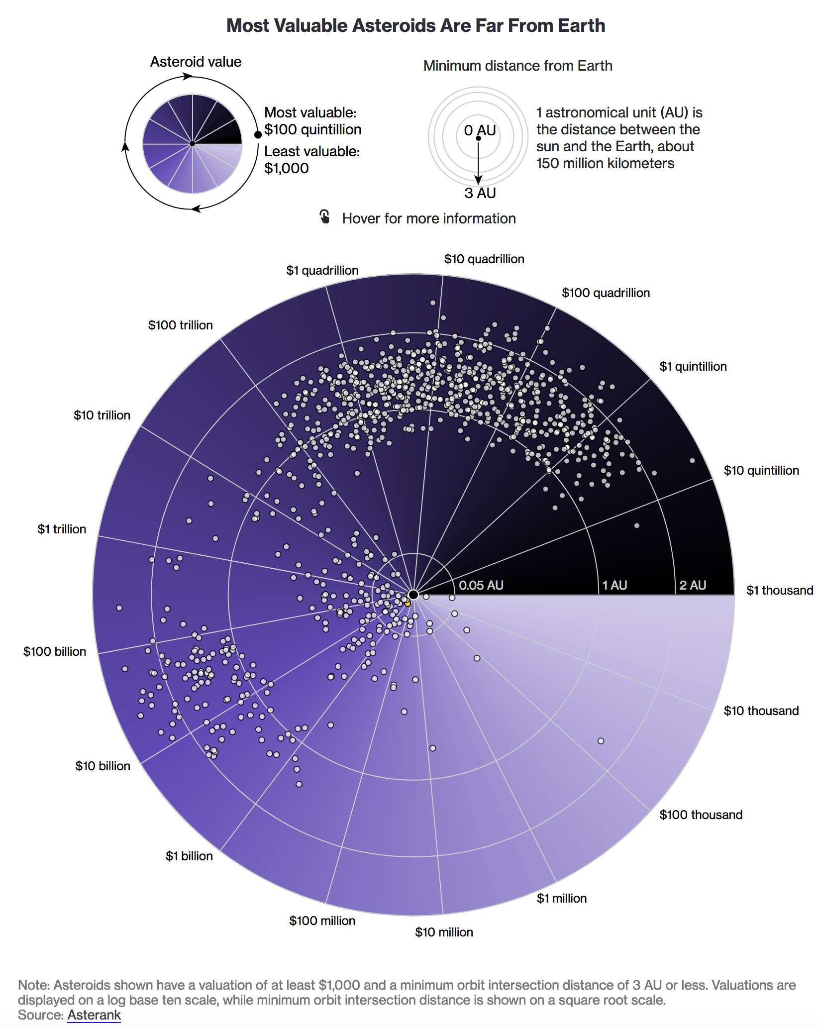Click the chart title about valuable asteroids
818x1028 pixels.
click(415, 26)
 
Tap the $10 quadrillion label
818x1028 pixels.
click(484, 259)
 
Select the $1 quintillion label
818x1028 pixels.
click(693, 367)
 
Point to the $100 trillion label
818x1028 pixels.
click(180, 325)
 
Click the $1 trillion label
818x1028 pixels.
click(62, 529)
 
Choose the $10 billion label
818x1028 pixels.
click(102, 766)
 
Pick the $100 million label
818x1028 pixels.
click(322, 921)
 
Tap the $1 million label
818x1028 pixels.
click(561, 899)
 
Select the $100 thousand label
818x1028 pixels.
click(701, 815)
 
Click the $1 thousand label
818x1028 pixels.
click(779, 591)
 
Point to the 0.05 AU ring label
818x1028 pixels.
click(481, 586)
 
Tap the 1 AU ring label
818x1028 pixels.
click(614, 586)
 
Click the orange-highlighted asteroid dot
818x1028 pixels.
click(408, 604)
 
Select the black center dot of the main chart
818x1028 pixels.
click(413, 595)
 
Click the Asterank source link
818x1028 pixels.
click(94, 1015)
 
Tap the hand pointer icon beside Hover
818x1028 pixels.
click(324, 217)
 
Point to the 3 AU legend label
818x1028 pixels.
click(480, 193)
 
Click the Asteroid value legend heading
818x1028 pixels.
click(196, 62)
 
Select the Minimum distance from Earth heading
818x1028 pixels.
click(517, 66)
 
